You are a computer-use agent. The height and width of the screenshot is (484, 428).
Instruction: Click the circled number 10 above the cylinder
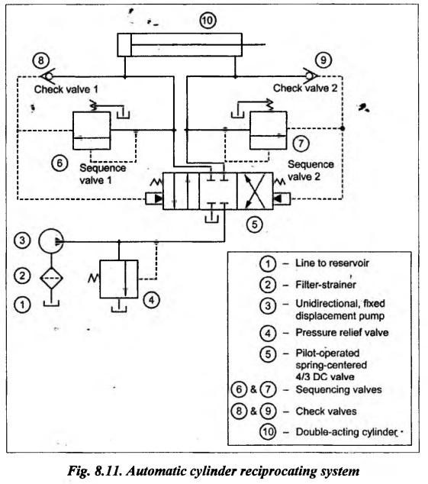208,21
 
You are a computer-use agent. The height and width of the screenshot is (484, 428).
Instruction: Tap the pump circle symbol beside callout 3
51,241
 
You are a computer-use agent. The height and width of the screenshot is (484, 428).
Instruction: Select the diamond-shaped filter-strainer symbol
51,278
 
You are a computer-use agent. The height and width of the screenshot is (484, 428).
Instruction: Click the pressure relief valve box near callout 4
119,279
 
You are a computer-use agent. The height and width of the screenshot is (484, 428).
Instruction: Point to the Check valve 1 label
66,89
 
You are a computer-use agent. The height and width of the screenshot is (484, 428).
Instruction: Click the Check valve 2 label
305,89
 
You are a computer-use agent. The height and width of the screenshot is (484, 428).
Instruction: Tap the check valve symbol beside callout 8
47,76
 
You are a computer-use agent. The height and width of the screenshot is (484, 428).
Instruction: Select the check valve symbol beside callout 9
311,76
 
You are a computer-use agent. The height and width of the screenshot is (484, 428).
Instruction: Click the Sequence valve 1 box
92,131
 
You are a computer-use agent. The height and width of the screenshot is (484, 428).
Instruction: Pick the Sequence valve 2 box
268,131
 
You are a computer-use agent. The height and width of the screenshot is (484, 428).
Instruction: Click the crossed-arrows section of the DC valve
255,191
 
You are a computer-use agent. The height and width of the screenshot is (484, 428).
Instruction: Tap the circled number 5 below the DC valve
255,224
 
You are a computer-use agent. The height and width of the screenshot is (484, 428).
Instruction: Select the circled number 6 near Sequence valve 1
60,163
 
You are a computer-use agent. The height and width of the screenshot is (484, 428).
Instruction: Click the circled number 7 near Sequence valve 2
301,144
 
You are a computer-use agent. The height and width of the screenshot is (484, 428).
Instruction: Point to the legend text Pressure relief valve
342,332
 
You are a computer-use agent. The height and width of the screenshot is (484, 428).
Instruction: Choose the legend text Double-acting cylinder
346,432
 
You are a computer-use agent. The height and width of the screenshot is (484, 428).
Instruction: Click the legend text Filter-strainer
326,284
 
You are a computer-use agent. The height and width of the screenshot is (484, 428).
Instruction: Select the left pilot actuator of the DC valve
154,198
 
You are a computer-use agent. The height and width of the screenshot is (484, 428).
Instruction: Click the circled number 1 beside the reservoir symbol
22,305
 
